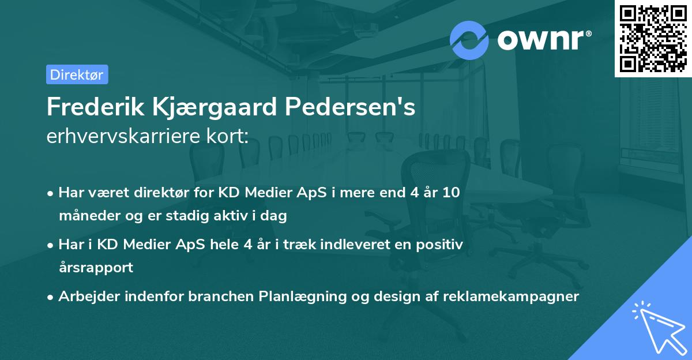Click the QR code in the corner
[653, 39]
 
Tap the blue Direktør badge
[77, 74]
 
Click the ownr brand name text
[544, 39]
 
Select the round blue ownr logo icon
[469, 40]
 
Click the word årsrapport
[96, 268]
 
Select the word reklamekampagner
[510, 297]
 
